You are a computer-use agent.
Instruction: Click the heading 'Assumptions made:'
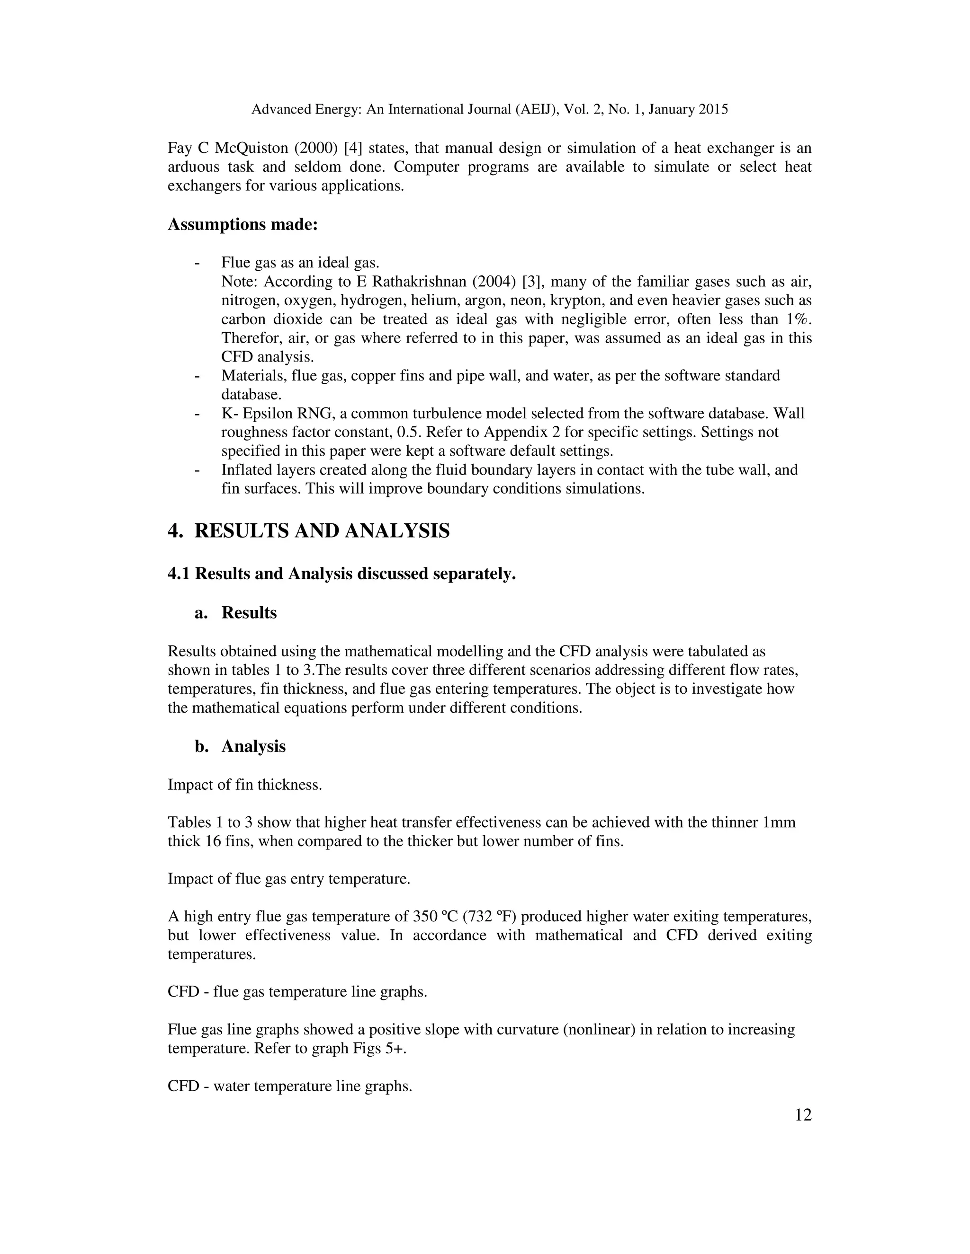click(x=242, y=224)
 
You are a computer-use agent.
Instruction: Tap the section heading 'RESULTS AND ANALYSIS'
click(x=322, y=530)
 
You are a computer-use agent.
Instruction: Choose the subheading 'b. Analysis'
click(x=240, y=746)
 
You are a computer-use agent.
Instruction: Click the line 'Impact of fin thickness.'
click(x=244, y=784)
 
